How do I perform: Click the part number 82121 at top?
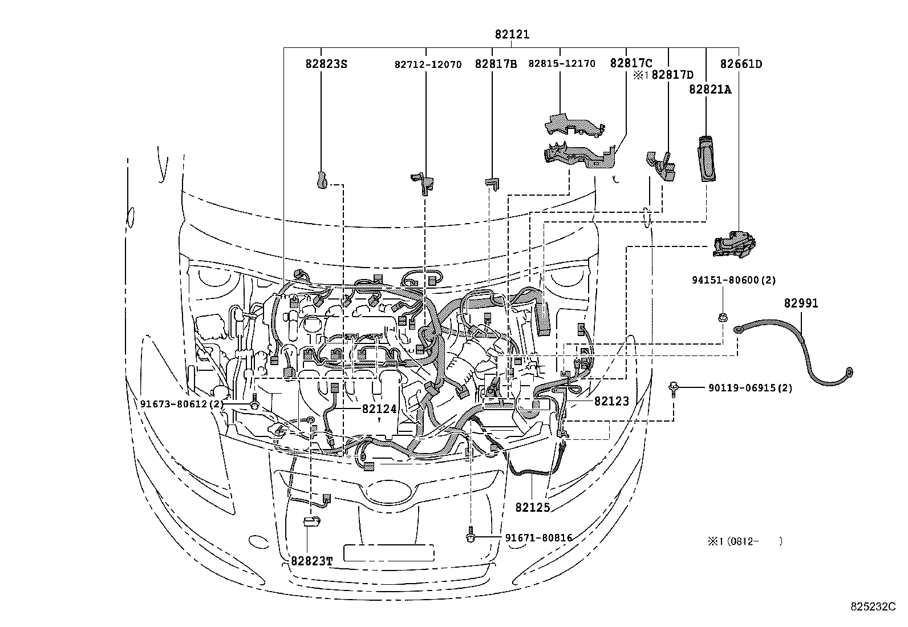[x=512, y=35]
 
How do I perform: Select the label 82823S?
[x=326, y=64]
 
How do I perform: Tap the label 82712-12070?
[x=427, y=64]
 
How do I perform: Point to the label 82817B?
[x=495, y=64]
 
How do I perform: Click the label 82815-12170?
[x=561, y=63]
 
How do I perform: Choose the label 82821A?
[x=710, y=90]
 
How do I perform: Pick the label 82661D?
[x=740, y=64]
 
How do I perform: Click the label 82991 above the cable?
[x=800, y=304]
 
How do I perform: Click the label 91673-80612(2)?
[x=182, y=403]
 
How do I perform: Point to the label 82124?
[x=378, y=408]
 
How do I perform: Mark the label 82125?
[x=532, y=507]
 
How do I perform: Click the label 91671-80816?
[x=538, y=537]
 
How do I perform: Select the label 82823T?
[x=311, y=560]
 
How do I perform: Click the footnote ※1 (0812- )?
[x=744, y=541]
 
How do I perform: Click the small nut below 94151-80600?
[x=722, y=317]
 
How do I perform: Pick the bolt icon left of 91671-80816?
[x=471, y=536]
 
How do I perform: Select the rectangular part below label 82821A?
[x=707, y=159]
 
